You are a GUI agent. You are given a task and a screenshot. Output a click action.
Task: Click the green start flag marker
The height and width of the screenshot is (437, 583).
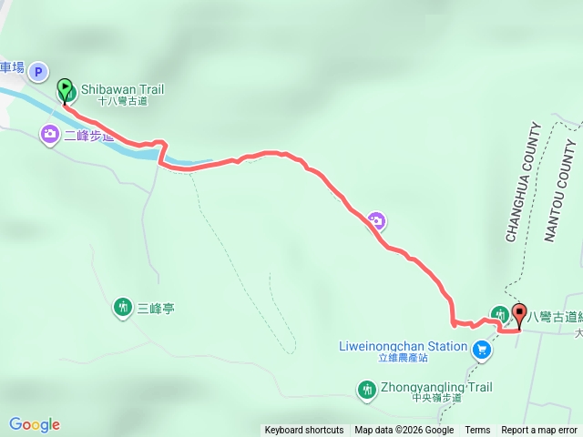tap(66, 90)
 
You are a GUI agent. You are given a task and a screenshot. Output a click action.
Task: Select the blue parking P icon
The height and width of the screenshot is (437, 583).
tap(37, 70)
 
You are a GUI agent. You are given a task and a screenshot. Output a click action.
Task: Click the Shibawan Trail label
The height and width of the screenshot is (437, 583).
tap(122, 89)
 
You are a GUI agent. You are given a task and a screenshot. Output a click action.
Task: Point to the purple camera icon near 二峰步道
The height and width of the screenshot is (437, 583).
tap(50, 135)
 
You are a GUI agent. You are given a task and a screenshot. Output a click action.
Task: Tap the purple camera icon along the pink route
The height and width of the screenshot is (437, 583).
tap(376, 219)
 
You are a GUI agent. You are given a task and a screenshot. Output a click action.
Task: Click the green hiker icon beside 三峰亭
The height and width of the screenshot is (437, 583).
tap(123, 308)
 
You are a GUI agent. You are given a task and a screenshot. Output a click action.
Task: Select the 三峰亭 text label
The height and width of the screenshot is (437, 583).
tap(156, 309)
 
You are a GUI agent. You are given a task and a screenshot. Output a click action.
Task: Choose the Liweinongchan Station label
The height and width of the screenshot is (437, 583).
tap(409, 347)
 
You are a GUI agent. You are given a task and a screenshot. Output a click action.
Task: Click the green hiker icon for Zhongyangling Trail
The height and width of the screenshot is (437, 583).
tap(367, 390)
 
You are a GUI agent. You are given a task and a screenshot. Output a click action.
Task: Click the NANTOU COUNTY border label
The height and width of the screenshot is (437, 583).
tap(560, 191)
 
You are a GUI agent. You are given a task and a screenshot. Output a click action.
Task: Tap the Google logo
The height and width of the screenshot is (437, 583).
tap(35, 424)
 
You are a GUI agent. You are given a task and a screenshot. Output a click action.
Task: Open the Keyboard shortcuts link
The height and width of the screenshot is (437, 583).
tap(304, 431)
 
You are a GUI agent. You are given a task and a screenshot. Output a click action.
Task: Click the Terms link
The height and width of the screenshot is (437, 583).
tap(477, 431)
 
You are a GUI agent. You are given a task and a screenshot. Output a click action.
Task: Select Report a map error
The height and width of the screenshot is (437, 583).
tap(539, 431)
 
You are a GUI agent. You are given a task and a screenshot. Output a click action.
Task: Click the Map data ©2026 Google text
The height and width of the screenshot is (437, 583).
tap(404, 431)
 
